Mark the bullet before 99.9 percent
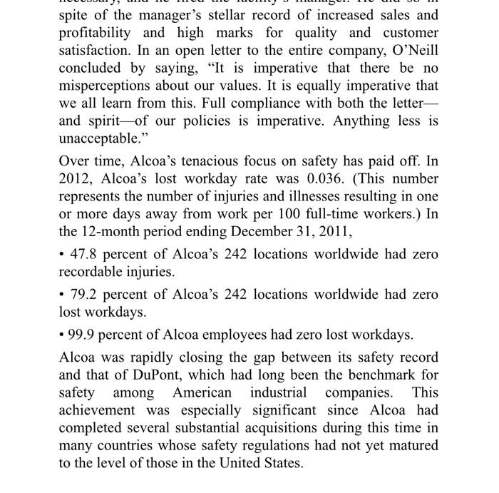point(62,335)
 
